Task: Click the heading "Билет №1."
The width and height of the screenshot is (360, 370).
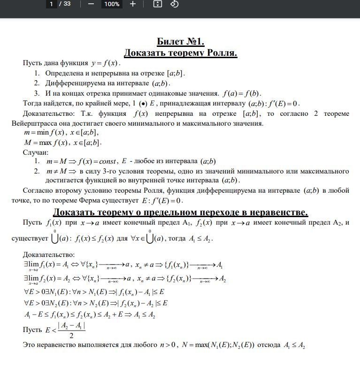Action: click(x=180, y=41)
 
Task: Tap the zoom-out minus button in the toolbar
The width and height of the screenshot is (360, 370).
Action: click(x=91, y=4)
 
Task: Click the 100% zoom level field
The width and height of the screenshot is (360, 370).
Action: click(x=112, y=4)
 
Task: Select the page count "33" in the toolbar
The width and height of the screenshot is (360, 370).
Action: click(x=67, y=4)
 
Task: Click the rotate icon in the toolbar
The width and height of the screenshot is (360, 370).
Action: click(x=174, y=4)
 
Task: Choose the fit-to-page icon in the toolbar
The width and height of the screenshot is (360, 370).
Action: click(x=158, y=4)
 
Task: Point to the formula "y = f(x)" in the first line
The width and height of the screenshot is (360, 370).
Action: click(x=106, y=63)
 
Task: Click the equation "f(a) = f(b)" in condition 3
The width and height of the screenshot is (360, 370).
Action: click(x=242, y=93)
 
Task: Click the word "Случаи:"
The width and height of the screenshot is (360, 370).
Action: click(x=35, y=152)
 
